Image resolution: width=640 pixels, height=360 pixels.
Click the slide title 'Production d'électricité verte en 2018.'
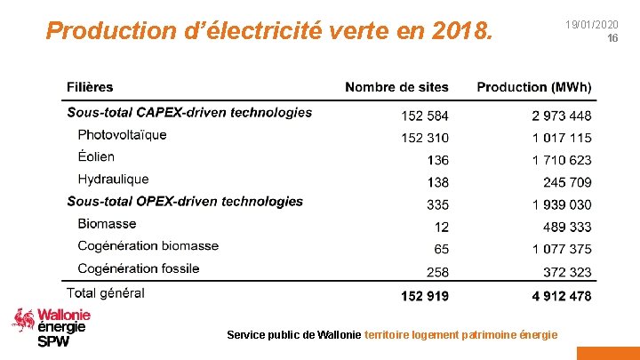tap(268, 32)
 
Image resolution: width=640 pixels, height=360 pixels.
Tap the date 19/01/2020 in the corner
tap(591, 25)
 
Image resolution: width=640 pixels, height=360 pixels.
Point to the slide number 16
tap(612, 39)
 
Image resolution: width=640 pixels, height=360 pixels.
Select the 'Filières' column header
tap(90, 87)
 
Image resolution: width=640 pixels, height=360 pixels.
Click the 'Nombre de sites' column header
tap(396, 87)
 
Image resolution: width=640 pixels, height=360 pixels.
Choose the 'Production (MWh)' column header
tap(533, 87)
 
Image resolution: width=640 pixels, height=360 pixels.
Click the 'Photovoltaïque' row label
tap(122, 135)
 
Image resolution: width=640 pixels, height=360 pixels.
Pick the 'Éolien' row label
tap(96, 157)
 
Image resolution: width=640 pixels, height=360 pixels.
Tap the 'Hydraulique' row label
tap(113, 180)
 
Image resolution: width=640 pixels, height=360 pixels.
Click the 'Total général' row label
tap(106, 292)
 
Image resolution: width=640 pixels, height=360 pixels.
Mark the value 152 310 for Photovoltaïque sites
tap(425, 138)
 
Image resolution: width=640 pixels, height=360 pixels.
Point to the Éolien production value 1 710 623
tap(562, 160)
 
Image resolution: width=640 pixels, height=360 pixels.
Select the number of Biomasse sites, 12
tap(441, 228)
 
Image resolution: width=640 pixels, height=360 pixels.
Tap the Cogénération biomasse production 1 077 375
tap(562, 250)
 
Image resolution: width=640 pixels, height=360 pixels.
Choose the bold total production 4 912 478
tap(562, 296)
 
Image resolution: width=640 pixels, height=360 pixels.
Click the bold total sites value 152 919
tap(425, 296)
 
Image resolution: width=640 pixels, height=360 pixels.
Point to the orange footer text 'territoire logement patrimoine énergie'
tap(461, 334)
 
